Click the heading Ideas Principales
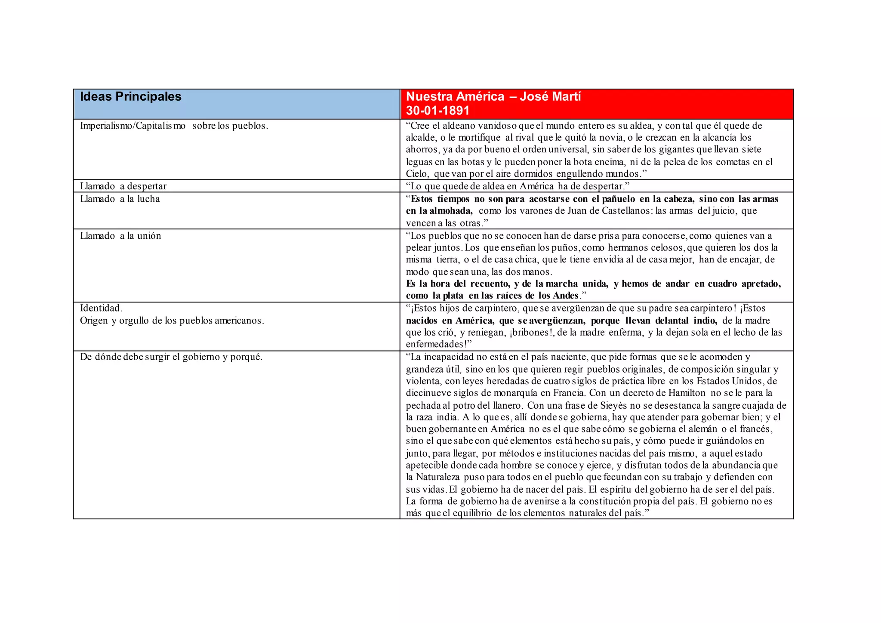click(131, 96)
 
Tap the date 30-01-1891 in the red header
click(437, 111)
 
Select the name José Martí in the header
click(550, 96)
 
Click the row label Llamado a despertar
click(123, 186)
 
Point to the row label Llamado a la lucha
click(120, 199)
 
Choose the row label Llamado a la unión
click(120, 236)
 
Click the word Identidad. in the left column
click(101, 308)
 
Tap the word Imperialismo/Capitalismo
click(132, 126)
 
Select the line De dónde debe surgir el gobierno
click(171, 357)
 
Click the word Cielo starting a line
click(417, 174)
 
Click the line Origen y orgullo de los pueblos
click(172, 321)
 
